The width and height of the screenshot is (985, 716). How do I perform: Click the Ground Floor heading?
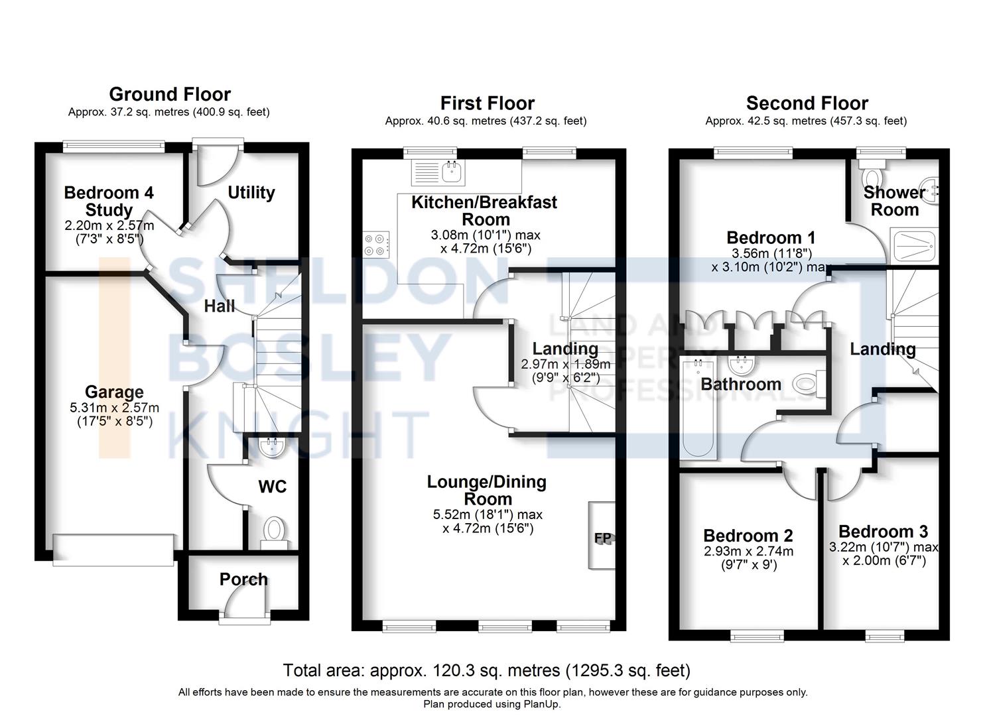pos(170,94)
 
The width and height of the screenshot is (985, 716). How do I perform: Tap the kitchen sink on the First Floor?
pos(438,172)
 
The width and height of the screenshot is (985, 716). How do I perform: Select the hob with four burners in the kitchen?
pos(376,245)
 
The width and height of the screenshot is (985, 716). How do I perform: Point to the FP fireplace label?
pos(603,538)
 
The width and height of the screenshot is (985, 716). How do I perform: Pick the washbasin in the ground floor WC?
pos(272,446)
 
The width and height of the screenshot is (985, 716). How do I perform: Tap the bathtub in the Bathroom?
pos(698,408)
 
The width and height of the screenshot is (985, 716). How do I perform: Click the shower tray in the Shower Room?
pos(914,246)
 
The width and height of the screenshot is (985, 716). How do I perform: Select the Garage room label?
pos(114,392)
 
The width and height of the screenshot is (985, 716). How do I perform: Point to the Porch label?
pos(243,579)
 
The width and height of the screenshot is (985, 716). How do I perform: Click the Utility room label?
pos(251,192)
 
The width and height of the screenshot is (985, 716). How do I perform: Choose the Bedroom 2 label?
pos(748,536)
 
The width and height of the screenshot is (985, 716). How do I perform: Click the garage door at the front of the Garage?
pos(113,550)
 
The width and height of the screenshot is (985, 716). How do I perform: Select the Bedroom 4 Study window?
pos(113,147)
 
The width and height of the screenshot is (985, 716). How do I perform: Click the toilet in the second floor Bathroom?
pos(809,384)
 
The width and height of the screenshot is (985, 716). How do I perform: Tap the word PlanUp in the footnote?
pos(542,703)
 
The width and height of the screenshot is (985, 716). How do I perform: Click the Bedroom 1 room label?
pos(771,237)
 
